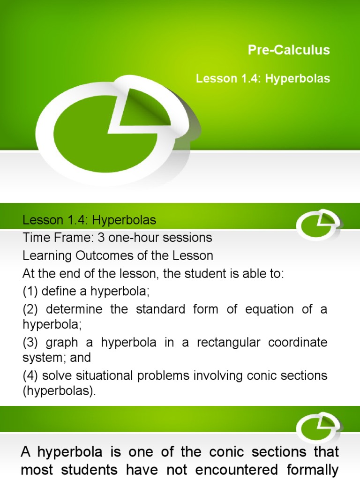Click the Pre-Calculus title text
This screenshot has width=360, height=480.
pos(289,50)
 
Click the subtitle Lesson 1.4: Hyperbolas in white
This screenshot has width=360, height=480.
pos(263,79)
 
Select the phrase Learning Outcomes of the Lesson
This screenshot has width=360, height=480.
pos(118,256)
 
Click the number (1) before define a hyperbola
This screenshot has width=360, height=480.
pos(30,291)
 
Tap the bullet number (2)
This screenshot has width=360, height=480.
pos(30,309)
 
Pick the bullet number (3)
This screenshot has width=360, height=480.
pos(30,342)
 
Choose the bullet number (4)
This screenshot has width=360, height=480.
pos(30,375)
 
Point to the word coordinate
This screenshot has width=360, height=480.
pos(297,342)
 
